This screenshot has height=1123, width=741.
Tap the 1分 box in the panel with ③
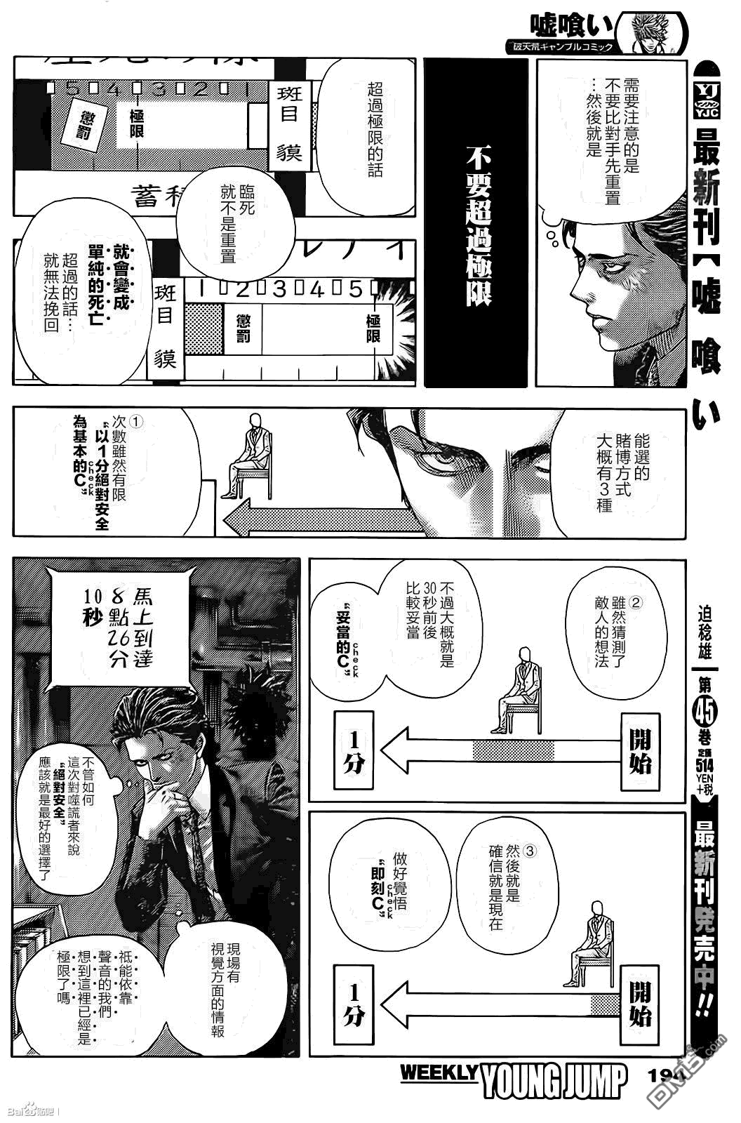point(354,1004)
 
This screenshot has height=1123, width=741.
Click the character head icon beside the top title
point(657,31)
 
